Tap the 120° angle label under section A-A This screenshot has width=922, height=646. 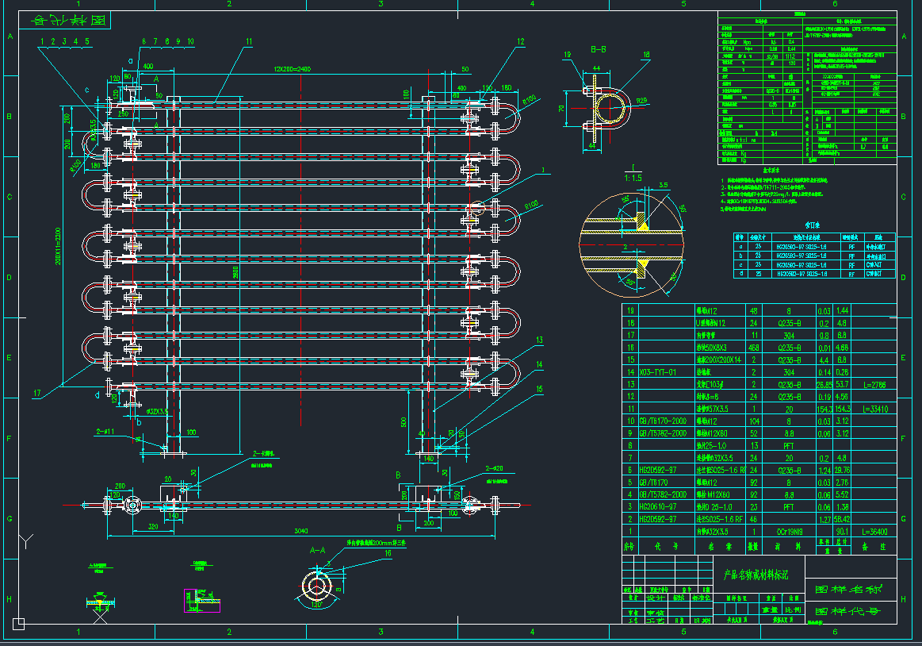318,605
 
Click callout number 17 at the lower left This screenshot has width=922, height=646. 36,391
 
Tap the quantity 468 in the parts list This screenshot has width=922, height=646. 755,347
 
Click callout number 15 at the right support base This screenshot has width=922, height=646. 540,389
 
